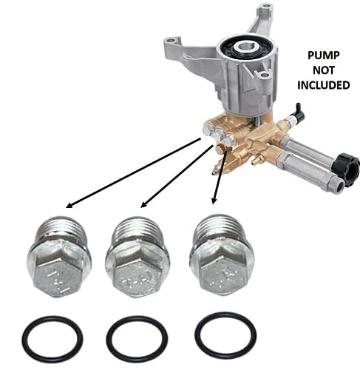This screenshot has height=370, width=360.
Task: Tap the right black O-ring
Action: pos(225,335)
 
